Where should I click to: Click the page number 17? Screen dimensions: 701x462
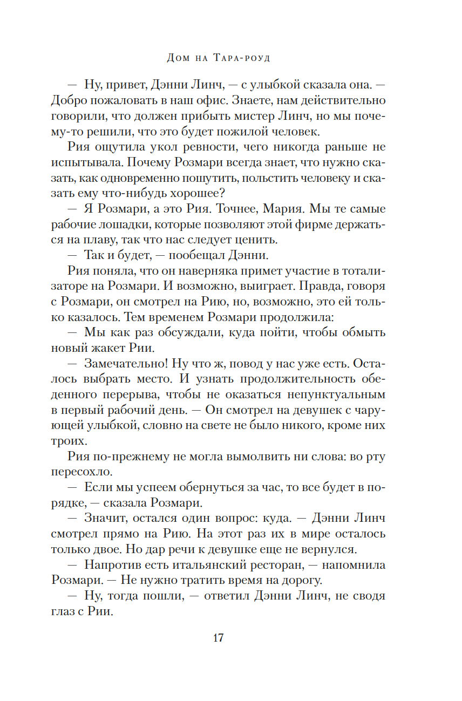click(x=218, y=638)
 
